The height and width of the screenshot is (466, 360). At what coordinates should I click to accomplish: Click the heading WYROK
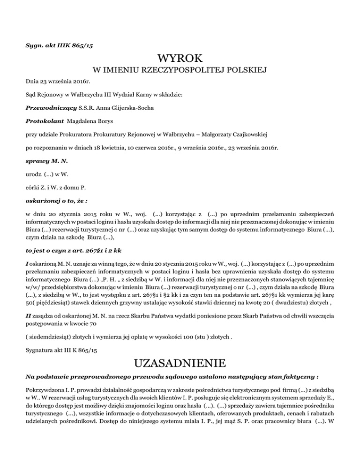point(180,59)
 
